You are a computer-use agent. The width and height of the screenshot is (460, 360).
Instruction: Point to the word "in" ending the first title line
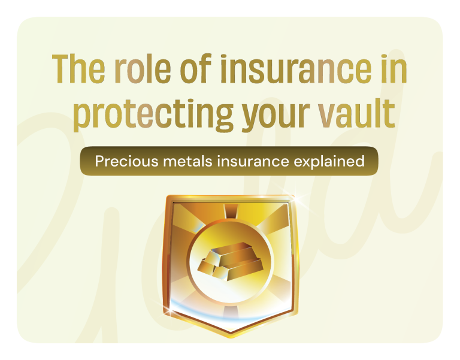click(x=393, y=71)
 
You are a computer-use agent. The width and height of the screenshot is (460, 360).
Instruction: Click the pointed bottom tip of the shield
click(x=231, y=336)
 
